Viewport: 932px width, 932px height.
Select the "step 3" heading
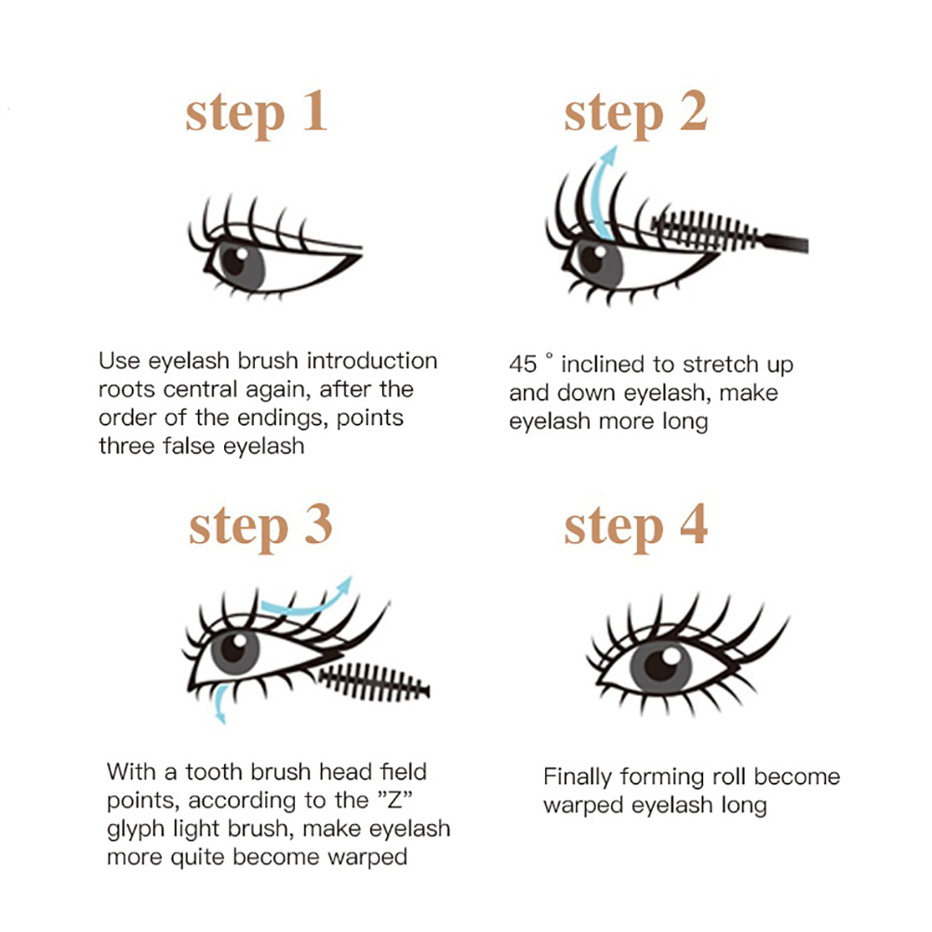pos(260,526)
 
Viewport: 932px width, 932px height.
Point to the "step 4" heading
pos(635,526)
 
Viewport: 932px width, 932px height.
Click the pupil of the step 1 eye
pos(233,261)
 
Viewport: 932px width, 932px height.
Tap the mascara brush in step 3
pos(374,683)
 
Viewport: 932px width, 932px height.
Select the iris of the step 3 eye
pos(235,651)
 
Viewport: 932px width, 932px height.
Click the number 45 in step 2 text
pos(523,365)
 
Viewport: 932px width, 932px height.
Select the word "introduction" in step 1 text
pos(372,361)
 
